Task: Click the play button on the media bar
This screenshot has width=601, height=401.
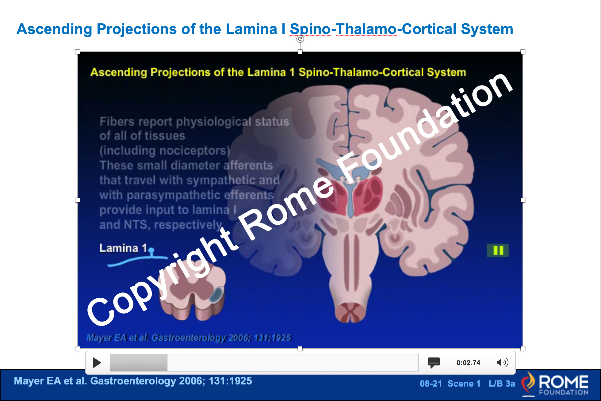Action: (x=97, y=363)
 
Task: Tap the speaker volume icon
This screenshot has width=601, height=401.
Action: (x=502, y=362)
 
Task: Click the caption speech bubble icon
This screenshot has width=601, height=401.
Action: (x=434, y=363)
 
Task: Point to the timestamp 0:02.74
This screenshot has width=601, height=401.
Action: (x=468, y=363)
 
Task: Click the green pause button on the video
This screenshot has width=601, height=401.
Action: (x=498, y=250)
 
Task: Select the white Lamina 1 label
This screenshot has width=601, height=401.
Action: (x=123, y=248)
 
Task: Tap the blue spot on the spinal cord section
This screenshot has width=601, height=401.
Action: (x=216, y=294)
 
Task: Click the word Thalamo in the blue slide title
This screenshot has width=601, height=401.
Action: (x=366, y=29)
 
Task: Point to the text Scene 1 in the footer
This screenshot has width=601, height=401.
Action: (x=464, y=384)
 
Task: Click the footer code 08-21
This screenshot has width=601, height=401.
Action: (x=431, y=384)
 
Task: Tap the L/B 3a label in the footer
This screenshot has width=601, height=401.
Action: (x=502, y=384)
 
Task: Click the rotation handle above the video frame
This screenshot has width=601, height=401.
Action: (x=300, y=39)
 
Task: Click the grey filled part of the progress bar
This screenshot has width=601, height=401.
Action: (x=138, y=363)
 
